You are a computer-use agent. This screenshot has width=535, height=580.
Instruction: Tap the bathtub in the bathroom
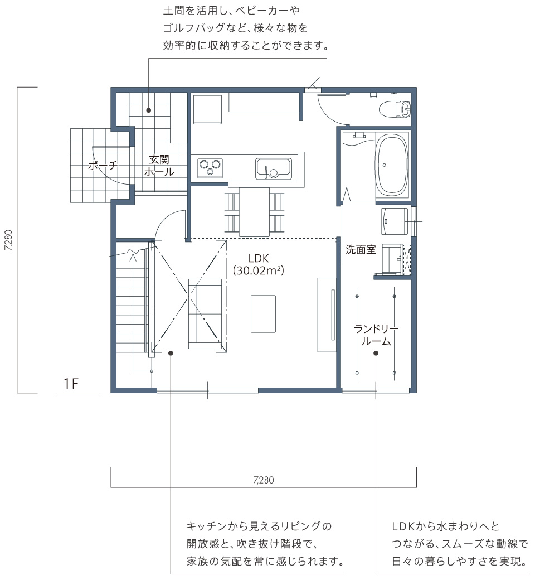coord(392,165)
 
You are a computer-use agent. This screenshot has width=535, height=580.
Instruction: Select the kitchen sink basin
coord(274,168)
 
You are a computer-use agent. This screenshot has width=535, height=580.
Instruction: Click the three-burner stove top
coord(210,168)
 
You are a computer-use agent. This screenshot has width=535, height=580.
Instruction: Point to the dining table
coord(254,212)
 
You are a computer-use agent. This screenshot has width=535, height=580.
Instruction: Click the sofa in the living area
coord(205,313)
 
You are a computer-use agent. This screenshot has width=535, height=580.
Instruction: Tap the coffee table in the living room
coord(263,313)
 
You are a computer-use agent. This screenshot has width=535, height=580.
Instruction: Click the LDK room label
coord(259,258)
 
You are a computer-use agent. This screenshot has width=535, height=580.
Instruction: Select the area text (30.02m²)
coord(259,270)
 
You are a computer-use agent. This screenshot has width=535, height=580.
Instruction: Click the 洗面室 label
coord(361,250)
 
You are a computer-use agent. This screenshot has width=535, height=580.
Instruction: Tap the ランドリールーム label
coord(376,335)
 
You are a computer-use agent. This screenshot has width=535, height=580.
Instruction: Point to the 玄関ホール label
coord(159,165)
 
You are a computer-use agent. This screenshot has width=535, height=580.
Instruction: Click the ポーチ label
coord(103,165)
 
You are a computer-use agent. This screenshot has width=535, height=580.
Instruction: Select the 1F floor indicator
coord(71,384)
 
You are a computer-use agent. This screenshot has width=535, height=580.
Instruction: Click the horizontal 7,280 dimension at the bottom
coord(264,480)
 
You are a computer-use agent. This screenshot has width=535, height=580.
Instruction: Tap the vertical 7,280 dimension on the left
coord(9,240)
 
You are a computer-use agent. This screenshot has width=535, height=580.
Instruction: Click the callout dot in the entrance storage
coord(149,110)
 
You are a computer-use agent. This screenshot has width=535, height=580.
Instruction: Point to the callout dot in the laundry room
coord(376,353)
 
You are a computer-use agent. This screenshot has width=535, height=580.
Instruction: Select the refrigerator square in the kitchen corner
coord(207,109)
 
